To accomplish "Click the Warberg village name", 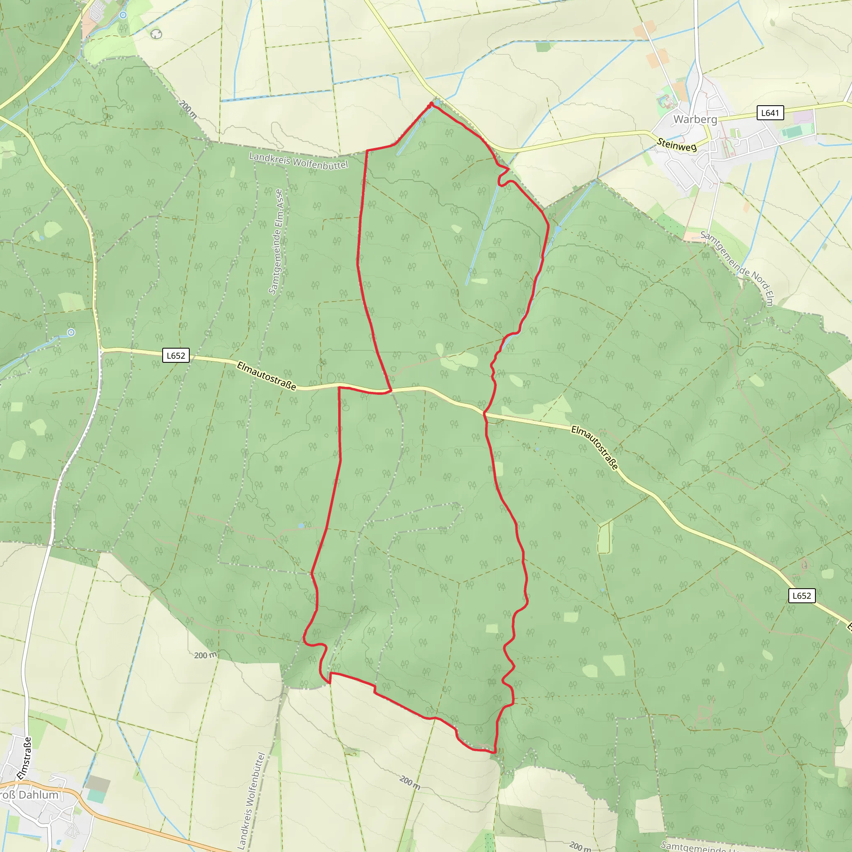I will pos(695,119).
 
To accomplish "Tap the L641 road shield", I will pos(770,113).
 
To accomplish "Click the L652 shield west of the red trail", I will pos(176,355).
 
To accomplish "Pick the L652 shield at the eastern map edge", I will pos(801,596).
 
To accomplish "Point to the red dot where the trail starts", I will pos(431,104).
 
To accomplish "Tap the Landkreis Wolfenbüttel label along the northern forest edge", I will pos(299,160).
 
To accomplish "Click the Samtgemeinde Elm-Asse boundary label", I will pos(277,242).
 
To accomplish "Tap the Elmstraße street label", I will pos(24,758).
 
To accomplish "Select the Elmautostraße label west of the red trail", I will pos(266,376).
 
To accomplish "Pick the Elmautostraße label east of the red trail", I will pos(594,447).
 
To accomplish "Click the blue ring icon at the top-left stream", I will pos(123,15).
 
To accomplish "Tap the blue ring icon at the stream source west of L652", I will pos(71,332).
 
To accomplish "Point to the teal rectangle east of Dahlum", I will pos(97,796).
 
